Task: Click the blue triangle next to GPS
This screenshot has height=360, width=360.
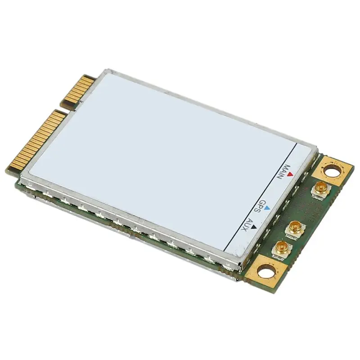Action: point(267,208)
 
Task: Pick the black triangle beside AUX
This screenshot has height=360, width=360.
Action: point(253,227)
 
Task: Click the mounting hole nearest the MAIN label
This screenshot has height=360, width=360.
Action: point(332,171)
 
